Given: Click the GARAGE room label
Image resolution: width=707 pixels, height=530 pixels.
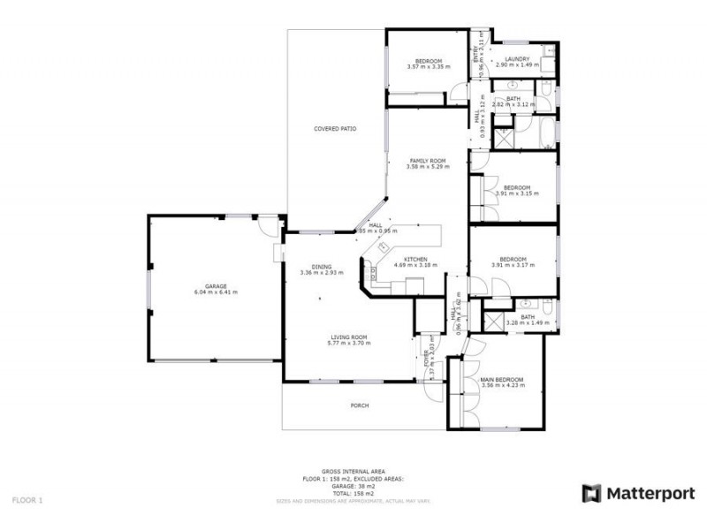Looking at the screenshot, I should click(x=216, y=286).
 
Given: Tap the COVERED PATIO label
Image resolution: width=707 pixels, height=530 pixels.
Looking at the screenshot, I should click(x=335, y=129).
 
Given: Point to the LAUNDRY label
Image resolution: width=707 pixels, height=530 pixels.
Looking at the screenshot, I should click(x=517, y=59).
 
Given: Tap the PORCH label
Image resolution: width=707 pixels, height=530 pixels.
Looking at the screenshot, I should click(x=359, y=405).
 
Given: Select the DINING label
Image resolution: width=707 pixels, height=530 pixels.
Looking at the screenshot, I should click(x=320, y=267).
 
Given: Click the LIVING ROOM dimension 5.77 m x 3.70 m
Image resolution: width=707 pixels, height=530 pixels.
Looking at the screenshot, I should click(x=349, y=343).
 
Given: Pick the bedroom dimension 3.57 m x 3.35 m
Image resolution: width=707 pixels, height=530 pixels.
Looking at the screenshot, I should click(x=429, y=66).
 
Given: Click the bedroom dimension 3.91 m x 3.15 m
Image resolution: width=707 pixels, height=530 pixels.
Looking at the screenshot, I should click(x=516, y=193).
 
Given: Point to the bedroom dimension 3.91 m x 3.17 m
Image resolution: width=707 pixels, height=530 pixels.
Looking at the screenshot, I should click(x=516, y=266).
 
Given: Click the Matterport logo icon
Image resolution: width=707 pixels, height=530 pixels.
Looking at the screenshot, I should click(x=591, y=493).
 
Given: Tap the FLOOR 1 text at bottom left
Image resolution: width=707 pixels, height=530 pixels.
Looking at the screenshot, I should click(x=27, y=499).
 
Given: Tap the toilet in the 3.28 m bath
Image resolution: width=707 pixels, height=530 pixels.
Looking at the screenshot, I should click(x=549, y=308).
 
